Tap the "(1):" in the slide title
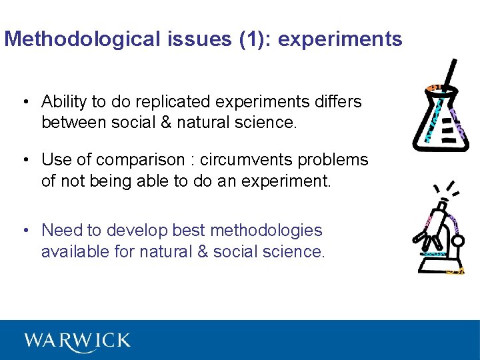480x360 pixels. click(x=254, y=39)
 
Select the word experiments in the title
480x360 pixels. click(x=340, y=39)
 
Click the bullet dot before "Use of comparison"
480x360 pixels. click(x=25, y=161)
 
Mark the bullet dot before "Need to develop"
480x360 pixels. click(x=25, y=231)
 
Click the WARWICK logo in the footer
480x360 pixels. click(x=77, y=340)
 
